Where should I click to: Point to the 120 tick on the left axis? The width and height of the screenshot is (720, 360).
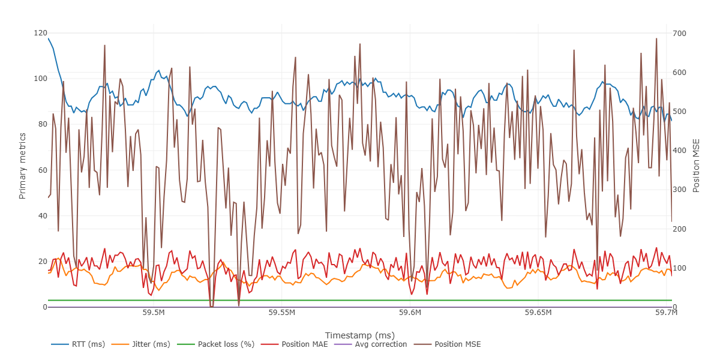[40, 33]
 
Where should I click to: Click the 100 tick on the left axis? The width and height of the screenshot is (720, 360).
[40, 79]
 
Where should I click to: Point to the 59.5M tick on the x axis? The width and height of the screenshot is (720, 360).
[154, 313]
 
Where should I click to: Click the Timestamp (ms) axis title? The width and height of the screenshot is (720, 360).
[359, 335]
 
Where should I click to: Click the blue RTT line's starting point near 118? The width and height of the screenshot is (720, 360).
[48, 38]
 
